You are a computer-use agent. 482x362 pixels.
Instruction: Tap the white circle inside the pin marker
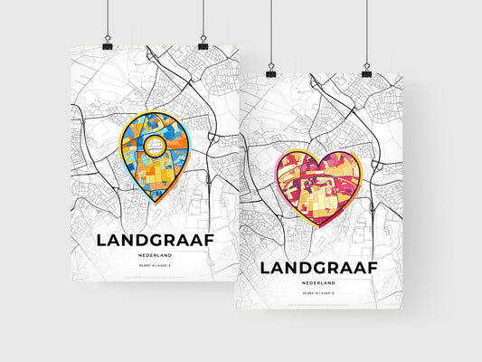157,143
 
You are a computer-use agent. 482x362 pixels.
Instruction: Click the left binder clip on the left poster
109,43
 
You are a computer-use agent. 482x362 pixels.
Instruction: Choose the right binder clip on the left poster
203,43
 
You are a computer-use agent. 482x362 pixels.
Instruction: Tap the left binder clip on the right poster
270,70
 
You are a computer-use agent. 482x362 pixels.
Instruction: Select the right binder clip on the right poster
366,70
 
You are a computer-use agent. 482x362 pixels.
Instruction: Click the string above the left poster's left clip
109,18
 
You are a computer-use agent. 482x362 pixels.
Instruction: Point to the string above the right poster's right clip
366,32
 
